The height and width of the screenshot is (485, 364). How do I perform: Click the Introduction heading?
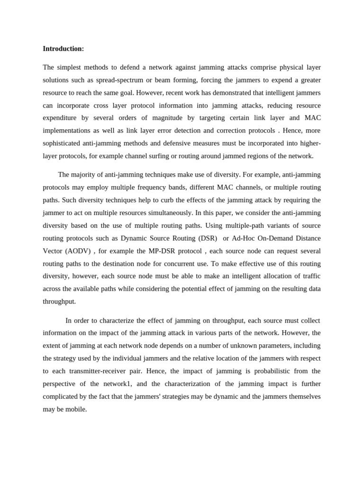click(63, 49)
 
